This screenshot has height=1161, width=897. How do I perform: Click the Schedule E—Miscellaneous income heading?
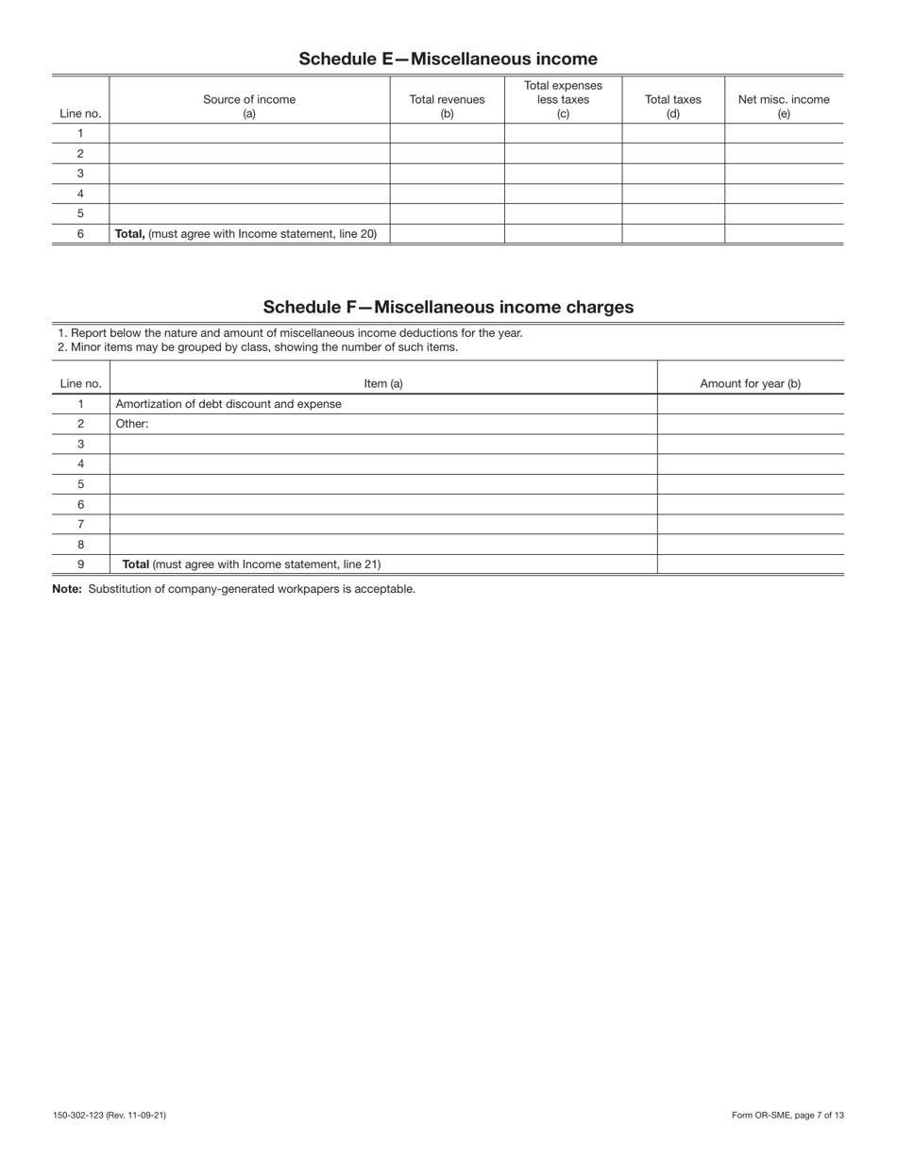pyautogui.click(x=448, y=59)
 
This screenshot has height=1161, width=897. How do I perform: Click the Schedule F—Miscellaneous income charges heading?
pyautogui.click(x=448, y=307)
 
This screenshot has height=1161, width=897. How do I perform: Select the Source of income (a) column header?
pyautogui.click(x=249, y=106)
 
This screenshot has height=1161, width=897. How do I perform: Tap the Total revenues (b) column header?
pyautogui.click(x=447, y=106)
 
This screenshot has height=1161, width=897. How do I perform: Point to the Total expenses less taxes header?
pyautogui.click(x=563, y=99)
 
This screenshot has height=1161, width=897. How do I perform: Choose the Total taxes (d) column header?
pyautogui.click(x=672, y=106)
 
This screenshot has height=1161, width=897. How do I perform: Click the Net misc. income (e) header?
pyautogui.click(x=783, y=106)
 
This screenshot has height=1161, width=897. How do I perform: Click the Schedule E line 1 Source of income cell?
pyautogui.click(x=249, y=133)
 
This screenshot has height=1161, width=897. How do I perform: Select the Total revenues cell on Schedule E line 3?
pyautogui.click(x=447, y=174)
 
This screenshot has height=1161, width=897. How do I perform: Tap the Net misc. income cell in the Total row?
pyautogui.click(x=783, y=234)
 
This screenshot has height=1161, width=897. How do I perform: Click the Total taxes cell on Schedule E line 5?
pyautogui.click(x=672, y=213)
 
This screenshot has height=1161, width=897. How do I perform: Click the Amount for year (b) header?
pyautogui.click(x=750, y=383)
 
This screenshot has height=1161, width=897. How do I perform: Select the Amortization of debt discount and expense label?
pyautogui.click(x=228, y=404)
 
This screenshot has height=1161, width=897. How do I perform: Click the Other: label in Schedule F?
pyautogui.click(x=132, y=424)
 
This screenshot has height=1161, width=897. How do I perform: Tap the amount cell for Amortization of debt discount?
pyautogui.click(x=750, y=404)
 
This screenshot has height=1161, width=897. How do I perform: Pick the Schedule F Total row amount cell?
pyautogui.click(x=750, y=564)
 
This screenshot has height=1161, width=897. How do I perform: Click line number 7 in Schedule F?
pyautogui.click(x=80, y=524)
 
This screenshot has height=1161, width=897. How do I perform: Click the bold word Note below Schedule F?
pyautogui.click(x=67, y=589)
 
